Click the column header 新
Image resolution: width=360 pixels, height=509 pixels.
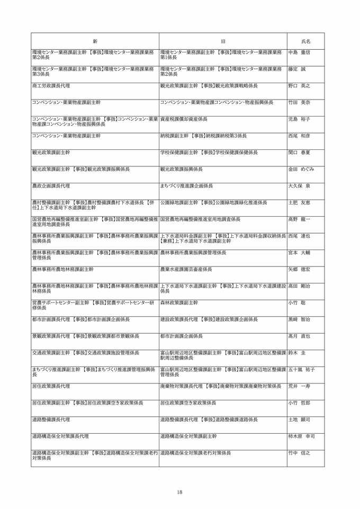(x=95, y=41)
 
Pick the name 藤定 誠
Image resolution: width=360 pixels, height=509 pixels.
(x=297, y=69)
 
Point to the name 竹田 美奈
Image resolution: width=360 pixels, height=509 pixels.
(x=299, y=102)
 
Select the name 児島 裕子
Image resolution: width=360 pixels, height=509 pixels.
(x=299, y=119)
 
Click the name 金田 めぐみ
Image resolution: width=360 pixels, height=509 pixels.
(x=301, y=169)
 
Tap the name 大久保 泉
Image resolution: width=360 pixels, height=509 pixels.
(x=299, y=186)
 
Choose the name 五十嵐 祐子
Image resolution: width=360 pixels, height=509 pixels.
(x=302, y=369)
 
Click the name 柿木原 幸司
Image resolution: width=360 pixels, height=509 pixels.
(x=302, y=436)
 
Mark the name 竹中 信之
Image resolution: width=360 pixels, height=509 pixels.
(x=299, y=453)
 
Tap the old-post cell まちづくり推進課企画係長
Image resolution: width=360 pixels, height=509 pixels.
(x=186, y=186)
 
